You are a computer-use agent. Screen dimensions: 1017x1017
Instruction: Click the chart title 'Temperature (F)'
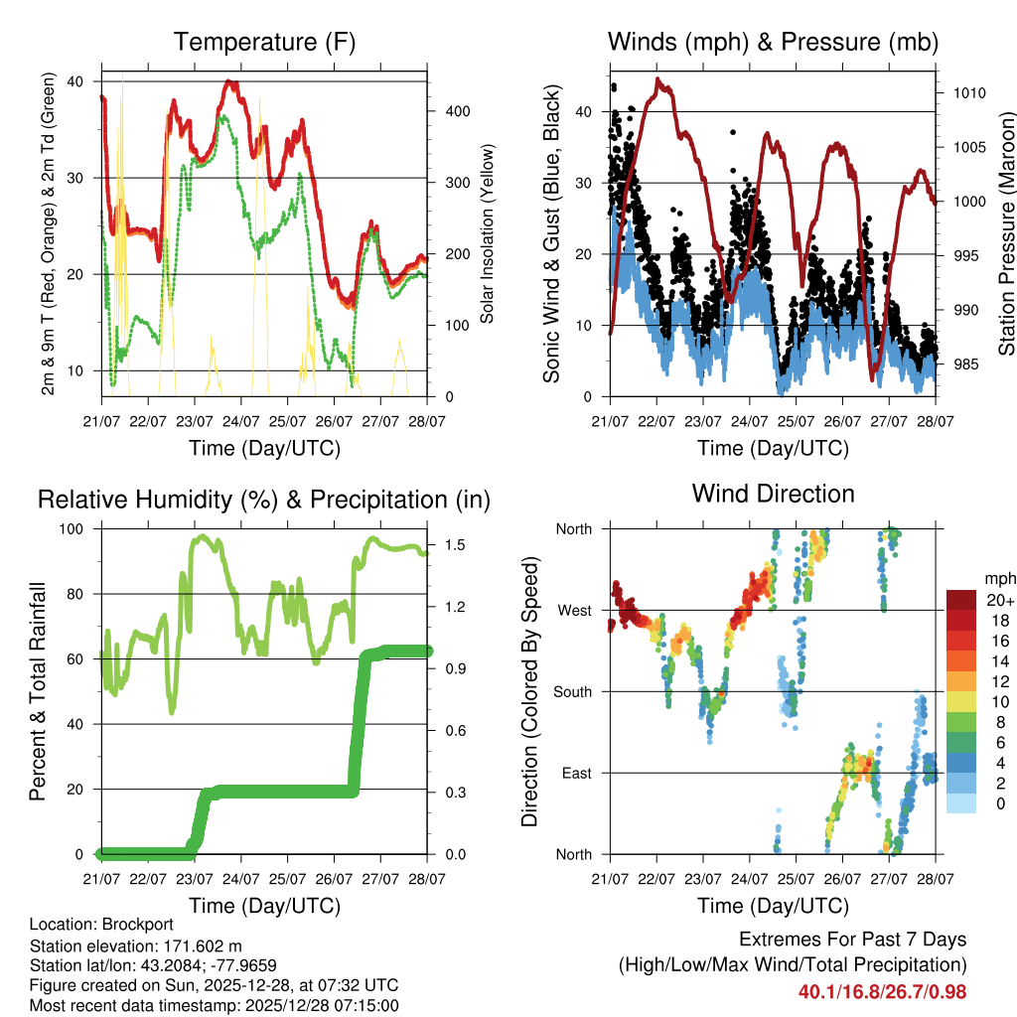click(263, 43)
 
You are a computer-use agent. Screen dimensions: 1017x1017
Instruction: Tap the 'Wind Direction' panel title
click(773, 494)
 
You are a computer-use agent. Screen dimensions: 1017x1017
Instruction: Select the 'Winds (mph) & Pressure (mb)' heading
click(773, 43)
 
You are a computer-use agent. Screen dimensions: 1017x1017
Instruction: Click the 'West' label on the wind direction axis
click(574, 610)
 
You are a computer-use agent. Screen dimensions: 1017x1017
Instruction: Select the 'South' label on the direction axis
click(572, 691)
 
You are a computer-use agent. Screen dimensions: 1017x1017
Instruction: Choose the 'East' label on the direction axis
click(576, 773)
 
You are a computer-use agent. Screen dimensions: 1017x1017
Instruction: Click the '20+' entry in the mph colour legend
click(999, 600)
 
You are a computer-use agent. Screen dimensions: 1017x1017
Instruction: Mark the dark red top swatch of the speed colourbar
click(961, 599)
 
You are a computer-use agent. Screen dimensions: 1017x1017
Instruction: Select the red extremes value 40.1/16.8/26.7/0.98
click(882, 991)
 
